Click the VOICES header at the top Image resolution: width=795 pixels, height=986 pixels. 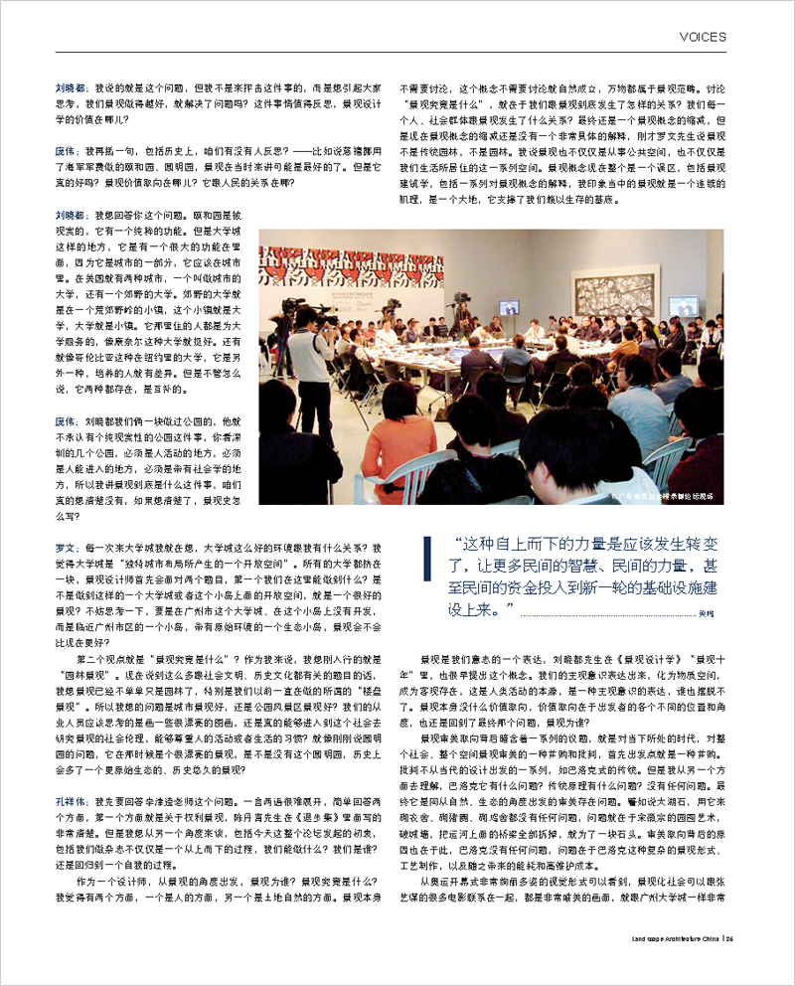click(x=703, y=37)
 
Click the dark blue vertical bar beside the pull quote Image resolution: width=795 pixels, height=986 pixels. click(x=427, y=577)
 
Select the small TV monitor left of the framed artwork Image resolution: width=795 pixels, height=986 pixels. click(x=509, y=307)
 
